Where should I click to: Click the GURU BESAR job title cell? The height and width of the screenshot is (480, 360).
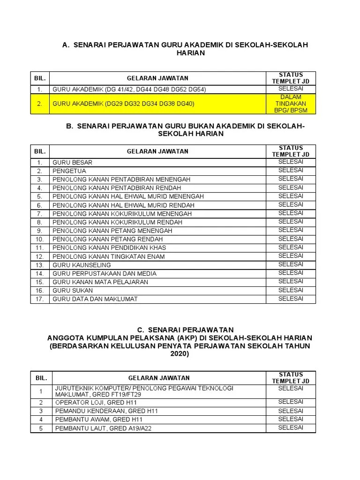[73, 163]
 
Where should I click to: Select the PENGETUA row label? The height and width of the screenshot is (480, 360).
[69, 171]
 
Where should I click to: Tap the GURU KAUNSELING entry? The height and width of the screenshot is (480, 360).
[82, 265]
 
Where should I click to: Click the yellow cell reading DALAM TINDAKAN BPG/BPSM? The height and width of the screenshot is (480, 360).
[291, 104]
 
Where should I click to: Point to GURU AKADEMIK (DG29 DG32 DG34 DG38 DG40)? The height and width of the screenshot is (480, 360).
[123, 104]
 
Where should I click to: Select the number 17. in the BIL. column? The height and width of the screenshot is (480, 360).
[40, 299]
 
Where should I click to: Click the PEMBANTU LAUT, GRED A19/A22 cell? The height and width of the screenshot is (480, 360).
[103, 428]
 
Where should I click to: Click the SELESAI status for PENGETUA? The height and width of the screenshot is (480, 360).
[291, 170]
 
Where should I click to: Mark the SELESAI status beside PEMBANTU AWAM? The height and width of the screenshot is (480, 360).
[291, 419]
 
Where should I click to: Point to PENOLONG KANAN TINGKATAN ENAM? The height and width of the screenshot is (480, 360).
[109, 256]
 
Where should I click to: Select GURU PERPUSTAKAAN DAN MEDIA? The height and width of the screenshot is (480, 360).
[105, 273]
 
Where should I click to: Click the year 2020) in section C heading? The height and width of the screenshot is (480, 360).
[180, 354]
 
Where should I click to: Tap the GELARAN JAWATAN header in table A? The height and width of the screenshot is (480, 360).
[157, 78]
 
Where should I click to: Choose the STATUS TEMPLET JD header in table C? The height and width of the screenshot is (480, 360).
[291, 378]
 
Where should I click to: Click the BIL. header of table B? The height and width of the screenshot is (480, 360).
[40, 151]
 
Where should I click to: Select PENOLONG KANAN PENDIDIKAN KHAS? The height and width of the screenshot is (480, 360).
[109, 248]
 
